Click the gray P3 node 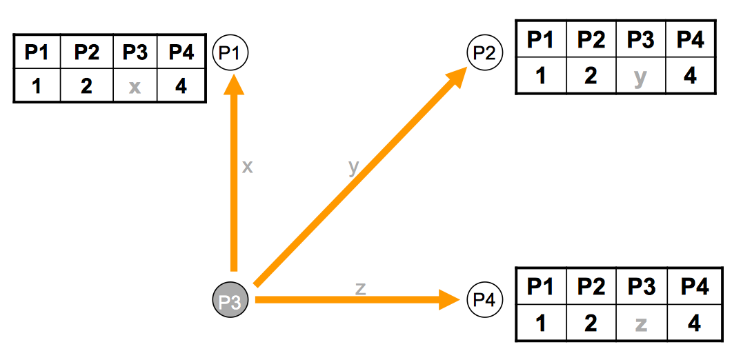click(x=230, y=301)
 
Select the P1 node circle click(x=230, y=52)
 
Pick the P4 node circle click(x=485, y=299)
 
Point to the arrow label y click(x=354, y=166)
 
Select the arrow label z click(x=360, y=288)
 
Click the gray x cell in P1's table click(x=135, y=87)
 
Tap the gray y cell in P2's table click(x=640, y=75)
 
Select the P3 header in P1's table click(x=135, y=52)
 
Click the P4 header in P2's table click(x=691, y=39)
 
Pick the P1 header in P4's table click(x=542, y=286)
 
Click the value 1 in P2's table click(x=542, y=75)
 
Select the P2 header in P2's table click(x=591, y=39)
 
